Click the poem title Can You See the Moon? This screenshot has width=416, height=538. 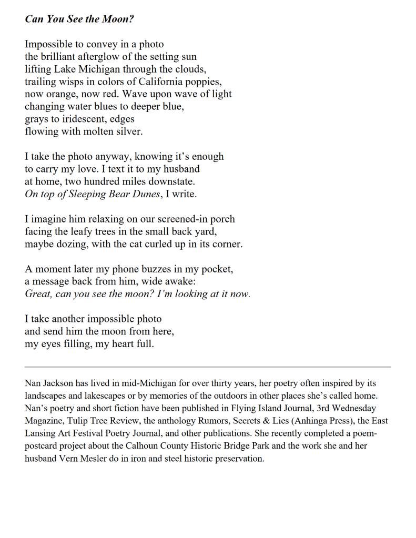[79, 19]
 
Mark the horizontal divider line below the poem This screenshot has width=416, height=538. [208, 367]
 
